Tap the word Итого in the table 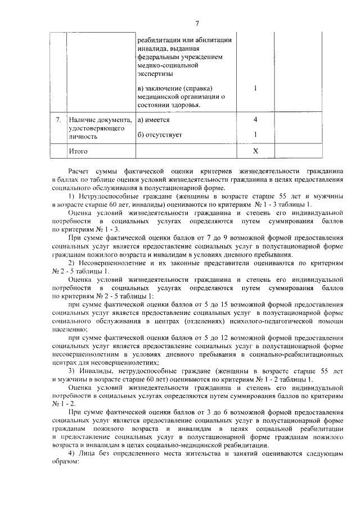coord(78,151)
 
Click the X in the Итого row coord(255,151)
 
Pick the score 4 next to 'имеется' coord(255,120)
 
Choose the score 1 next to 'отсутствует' coord(255,134)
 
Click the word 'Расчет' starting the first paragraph coord(78,170)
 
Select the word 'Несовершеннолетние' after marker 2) coord(110,263)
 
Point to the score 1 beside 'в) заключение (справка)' coord(255,88)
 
